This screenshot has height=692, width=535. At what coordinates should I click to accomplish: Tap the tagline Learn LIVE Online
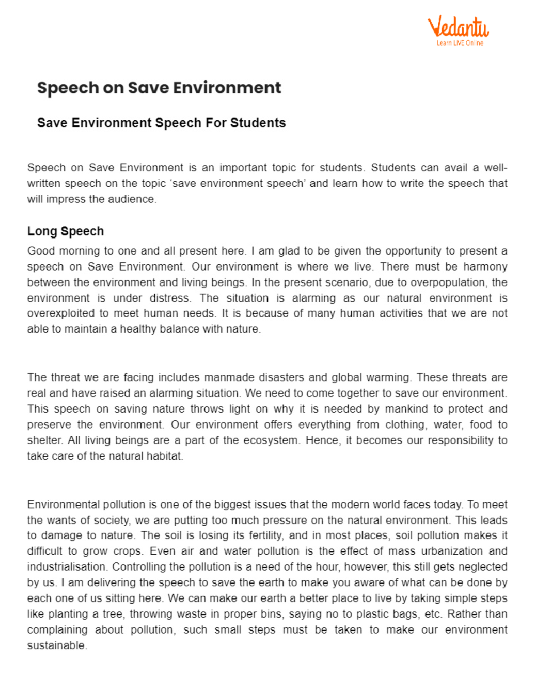click(x=460, y=43)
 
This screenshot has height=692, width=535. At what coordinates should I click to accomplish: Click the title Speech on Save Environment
click(x=159, y=88)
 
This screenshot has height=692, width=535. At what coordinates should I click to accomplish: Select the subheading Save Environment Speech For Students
click(x=161, y=123)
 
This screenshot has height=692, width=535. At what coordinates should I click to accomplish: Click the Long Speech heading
click(x=66, y=231)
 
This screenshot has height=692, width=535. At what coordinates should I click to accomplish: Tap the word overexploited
click(x=61, y=314)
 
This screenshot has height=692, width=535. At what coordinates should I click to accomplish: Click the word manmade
click(x=225, y=378)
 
